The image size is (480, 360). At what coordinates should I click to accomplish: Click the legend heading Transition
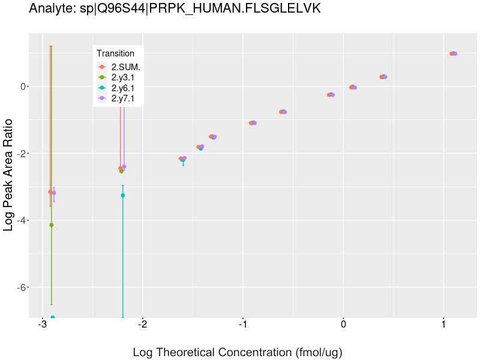(x=115, y=53)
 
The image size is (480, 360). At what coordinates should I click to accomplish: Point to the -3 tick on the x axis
(x=42, y=325)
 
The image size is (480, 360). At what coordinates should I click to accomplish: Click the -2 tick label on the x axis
(x=142, y=325)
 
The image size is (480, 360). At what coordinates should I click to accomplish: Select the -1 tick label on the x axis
(x=242, y=325)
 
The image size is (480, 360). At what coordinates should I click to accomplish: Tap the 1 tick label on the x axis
(x=443, y=325)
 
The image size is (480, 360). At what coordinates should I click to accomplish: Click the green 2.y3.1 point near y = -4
(x=52, y=225)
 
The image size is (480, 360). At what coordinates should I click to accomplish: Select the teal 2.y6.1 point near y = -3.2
(x=123, y=195)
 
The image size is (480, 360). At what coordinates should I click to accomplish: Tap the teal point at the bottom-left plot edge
(x=53, y=317)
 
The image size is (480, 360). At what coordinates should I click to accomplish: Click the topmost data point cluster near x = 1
(x=453, y=53)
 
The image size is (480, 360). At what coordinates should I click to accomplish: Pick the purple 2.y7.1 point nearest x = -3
(x=54, y=193)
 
